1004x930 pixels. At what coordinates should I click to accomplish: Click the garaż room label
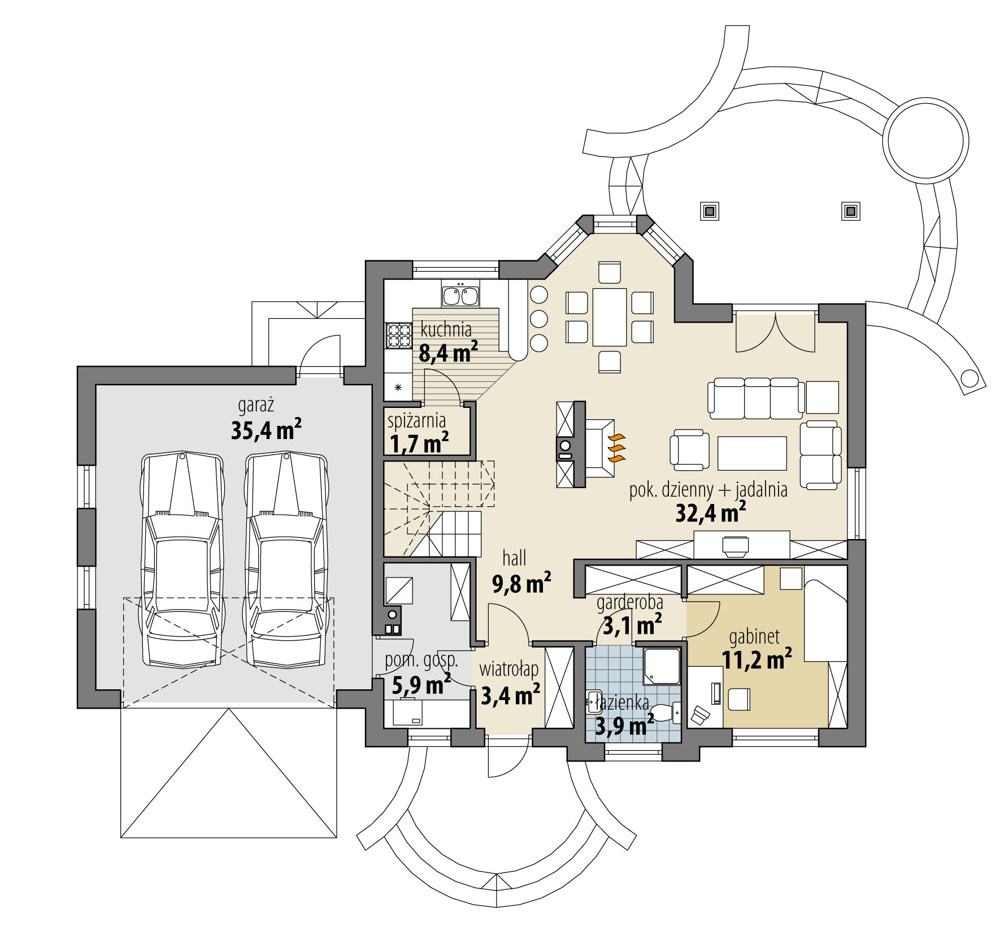(x=255, y=405)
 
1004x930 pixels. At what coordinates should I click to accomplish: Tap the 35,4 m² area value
(x=266, y=431)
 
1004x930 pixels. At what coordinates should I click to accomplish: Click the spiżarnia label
(x=416, y=420)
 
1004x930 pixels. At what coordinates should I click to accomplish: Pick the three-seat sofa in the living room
(x=756, y=398)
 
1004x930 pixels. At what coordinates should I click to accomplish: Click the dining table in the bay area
(x=609, y=317)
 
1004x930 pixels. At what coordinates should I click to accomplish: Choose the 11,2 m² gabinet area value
(x=756, y=659)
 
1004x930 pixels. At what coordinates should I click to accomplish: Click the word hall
(x=514, y=558)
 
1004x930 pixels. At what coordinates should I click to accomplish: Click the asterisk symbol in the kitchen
(x=398, y=388)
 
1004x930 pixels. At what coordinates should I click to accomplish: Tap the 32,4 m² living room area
(x=710, y=513)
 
